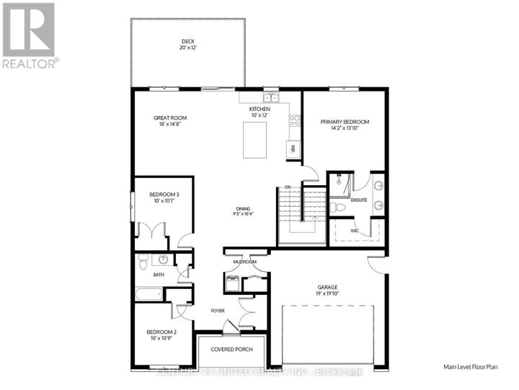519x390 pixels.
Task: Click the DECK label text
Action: tap(187, 41)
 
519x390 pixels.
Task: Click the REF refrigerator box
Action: tap(293, 149)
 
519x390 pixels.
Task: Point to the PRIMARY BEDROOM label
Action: tap(345, 123)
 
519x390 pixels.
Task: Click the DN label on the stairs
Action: tap(287, 188)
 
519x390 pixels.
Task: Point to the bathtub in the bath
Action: tap(148, 294)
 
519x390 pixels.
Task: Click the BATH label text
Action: tap(157, 274)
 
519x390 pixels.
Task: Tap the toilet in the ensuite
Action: tap(337, 208)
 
